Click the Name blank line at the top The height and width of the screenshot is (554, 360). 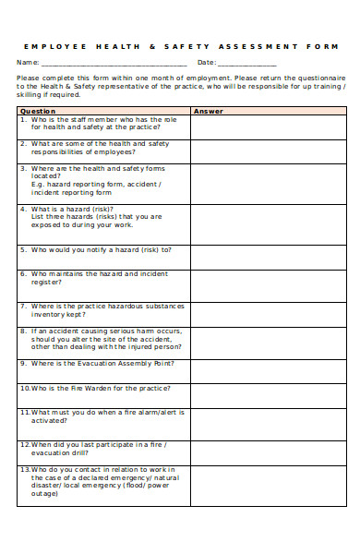pyautogui.click(x=113, y=64)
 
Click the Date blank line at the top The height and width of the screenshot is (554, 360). pyautogui.click(x=246, y=64)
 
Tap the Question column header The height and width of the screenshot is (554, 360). pyautogui.click(x=38, y=111)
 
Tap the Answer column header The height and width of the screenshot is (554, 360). pyautogui.click(x=208, y=111)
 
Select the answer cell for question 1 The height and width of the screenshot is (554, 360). pyautogui.click(x=268, y=126)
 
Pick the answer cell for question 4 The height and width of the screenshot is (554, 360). pyautogui.click(x=268, y=223)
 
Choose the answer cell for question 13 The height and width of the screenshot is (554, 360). pyautogui.click(x=268, y=485)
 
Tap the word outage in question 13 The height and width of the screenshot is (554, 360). pyautogui.click(x=45, y=493)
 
